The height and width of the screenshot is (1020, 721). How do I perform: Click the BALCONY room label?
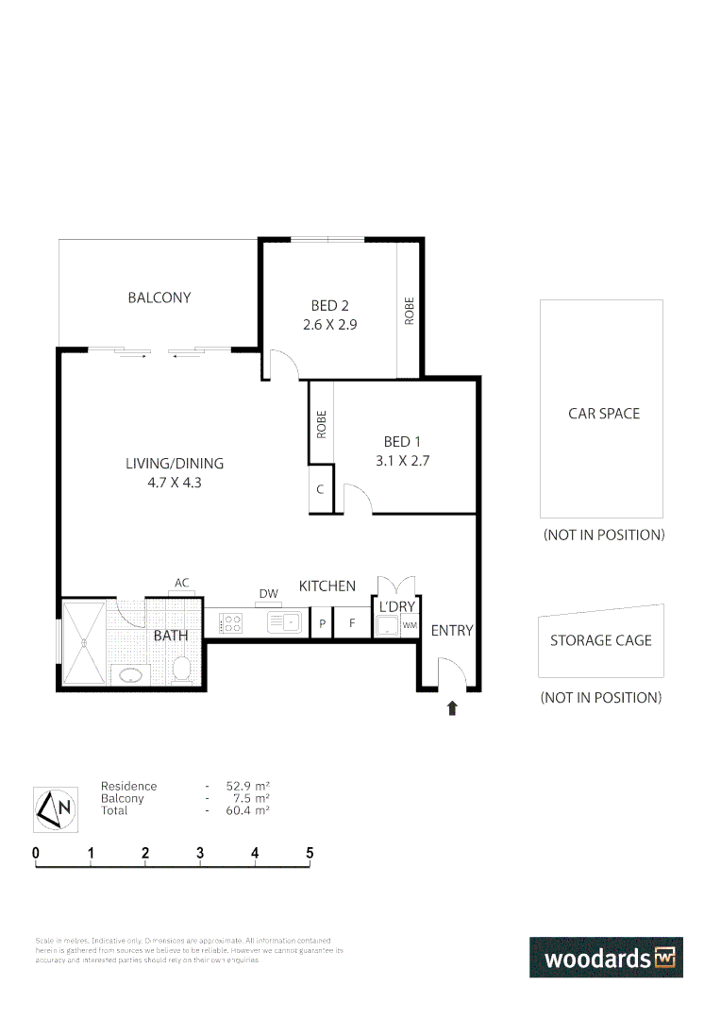click(x=159, y=297)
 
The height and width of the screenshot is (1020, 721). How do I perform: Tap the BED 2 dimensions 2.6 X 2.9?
click(x=329, y=324)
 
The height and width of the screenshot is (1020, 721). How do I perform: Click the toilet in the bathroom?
click(x=182, y=670)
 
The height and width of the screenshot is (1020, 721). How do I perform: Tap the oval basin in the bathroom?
click(x=130, y=676)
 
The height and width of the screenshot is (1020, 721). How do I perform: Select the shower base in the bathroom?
click(x=85, y=643)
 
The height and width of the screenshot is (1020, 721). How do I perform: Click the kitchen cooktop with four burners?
click(x=231, y=623)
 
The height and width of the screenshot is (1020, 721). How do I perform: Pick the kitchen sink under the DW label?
click(x=283, y=622)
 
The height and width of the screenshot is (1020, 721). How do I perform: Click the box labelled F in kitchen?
click(x=352, y=624)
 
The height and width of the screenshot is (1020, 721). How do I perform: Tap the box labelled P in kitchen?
click(x=322, y=624)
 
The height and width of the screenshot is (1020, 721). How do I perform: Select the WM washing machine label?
click(x=410, y=625)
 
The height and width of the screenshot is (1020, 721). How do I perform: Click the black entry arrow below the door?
click(x=452, y=707)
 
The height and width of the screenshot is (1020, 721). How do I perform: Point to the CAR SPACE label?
click(x=603, y=414)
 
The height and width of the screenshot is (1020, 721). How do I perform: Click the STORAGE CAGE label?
click(x=600, y=640)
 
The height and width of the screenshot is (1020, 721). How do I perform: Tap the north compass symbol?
click(x=55, y=808)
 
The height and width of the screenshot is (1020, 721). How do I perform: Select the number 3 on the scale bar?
click(x=200, y=853)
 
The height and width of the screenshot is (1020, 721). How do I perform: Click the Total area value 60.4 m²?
click(x=247, y=810)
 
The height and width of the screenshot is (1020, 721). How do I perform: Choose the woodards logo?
click(x=605, y=958)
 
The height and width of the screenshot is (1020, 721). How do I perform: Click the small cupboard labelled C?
click(x=321, y=489)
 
